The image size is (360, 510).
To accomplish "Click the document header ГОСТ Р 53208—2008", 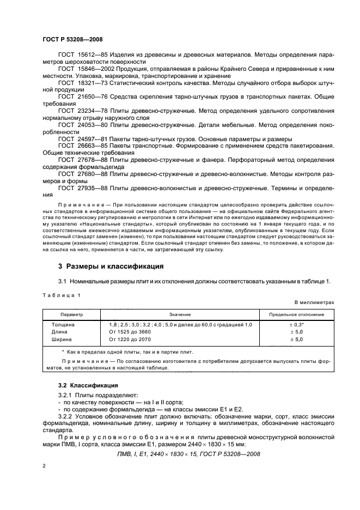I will point(72,39).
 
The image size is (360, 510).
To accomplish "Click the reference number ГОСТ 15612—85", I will point(81,55).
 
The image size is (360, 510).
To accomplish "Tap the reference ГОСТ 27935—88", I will point(81,188).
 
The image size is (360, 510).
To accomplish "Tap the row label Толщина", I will point(62,325).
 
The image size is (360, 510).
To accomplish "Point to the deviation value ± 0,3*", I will point(296,325).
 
